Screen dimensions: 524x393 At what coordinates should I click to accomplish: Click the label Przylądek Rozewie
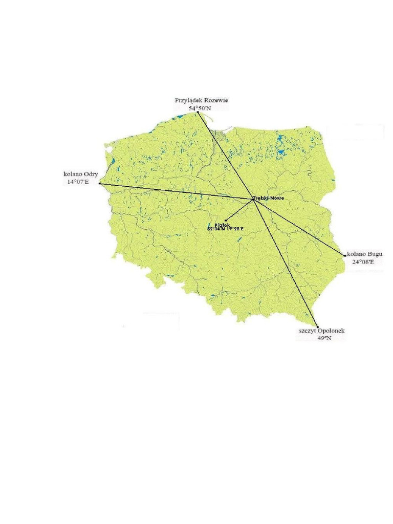click(201, 101)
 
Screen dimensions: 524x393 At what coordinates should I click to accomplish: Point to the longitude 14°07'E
click(77, 182)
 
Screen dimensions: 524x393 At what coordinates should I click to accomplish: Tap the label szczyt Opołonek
click(322, 331)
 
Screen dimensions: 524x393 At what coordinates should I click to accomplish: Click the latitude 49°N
click(324, 339)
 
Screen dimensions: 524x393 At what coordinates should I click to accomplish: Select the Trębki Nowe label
click(269, 198)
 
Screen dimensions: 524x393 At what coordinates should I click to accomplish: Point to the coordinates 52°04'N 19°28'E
click(225, 229)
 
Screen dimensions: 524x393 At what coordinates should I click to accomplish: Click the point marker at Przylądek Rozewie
click(198, 112)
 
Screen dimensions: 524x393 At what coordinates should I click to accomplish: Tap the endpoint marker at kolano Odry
click(99, 184)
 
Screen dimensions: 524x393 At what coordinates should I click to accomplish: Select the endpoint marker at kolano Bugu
click(345, 255)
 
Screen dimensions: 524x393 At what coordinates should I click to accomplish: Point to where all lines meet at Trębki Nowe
click(254, 200)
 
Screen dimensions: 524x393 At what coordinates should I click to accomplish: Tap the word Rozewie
click(216, 101)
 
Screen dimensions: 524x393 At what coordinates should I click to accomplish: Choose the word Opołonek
click(332, 331)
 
